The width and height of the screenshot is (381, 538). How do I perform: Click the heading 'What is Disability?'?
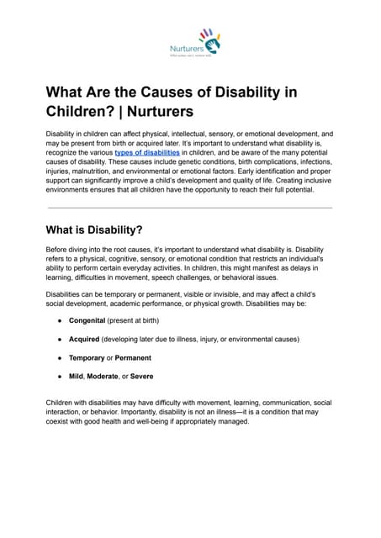[95, 229]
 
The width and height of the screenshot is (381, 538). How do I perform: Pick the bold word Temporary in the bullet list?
[87, 357]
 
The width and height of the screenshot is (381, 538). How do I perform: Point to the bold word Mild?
[77, 376]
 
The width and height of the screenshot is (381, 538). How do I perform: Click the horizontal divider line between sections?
[190, 208]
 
